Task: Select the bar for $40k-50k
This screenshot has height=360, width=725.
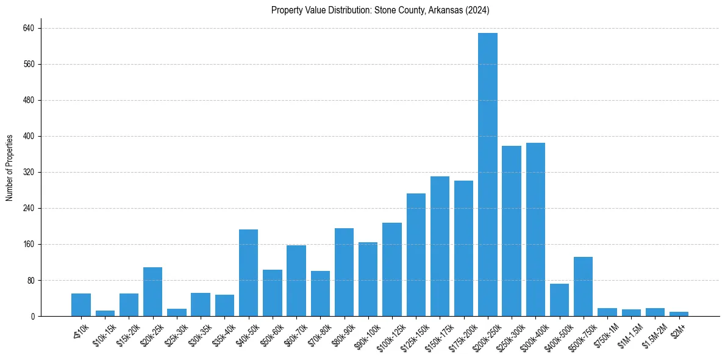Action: click(x=248, y=273)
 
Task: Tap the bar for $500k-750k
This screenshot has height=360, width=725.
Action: click(x=583, y=287)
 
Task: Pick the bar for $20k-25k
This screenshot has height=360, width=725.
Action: click(x=152, y=292)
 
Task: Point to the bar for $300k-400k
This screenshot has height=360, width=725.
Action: click(x=535, y=229)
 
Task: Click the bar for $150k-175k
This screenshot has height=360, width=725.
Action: click(x=440, y=247)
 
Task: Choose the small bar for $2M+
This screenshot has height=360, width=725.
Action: click(x=679, y=314)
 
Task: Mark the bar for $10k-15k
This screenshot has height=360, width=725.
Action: click(x=105, y=313)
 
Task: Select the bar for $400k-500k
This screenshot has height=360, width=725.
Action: click(x=559, y=300)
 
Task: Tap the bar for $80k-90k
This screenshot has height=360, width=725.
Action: click(x=344, y=272)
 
